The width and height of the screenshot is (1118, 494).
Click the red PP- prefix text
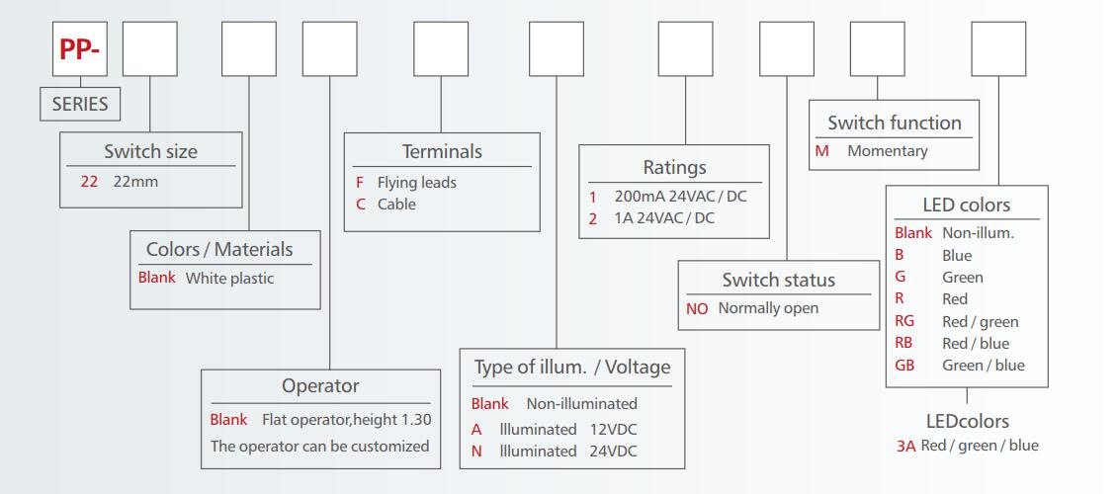tap(80, 50)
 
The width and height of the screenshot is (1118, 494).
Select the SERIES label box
tap(80, 104)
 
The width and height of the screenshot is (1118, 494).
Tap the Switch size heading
tap(150, 151)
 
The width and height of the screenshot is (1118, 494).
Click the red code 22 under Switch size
tap(89, 181)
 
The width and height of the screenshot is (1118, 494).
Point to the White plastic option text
tap(230, 278)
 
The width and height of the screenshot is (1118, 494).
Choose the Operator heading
tap(320, 385)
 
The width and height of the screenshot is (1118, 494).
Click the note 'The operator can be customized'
tap(320, 446)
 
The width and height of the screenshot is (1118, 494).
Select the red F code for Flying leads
tap(360, 182)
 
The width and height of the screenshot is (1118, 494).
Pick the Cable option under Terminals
tap(396, 205)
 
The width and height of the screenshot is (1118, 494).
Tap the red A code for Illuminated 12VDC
tap(476, 429)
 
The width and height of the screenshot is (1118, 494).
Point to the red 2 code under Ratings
tap(592, 218)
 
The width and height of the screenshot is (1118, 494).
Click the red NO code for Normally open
tap(698, 308)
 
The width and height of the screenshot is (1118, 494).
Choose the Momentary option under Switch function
tap(887, 151)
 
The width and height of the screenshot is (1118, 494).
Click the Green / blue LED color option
tap(983, 365)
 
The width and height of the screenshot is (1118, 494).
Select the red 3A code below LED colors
tap(905, 446)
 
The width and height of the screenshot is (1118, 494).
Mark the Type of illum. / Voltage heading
tap(572, 368)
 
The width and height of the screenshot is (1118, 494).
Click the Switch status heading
tap(778, 280)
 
